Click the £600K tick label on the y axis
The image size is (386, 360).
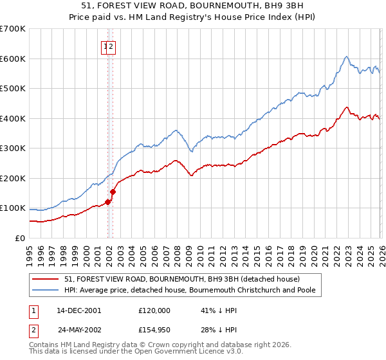pos(13,59)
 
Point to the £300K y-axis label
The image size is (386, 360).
pos(13,148)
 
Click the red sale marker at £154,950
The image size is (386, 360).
pos(113,192)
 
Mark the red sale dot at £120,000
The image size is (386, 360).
pos(107,202)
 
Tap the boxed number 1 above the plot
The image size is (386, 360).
pos(105,46)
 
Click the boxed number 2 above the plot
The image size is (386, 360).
pos(111,46)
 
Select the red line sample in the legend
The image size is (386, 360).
pos(46,279)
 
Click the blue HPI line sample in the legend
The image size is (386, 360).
pos(46,290)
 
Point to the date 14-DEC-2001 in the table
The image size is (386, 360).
pos(78,310)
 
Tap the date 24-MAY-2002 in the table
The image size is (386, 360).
pos(79,330)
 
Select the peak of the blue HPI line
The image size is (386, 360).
pos(346,56)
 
